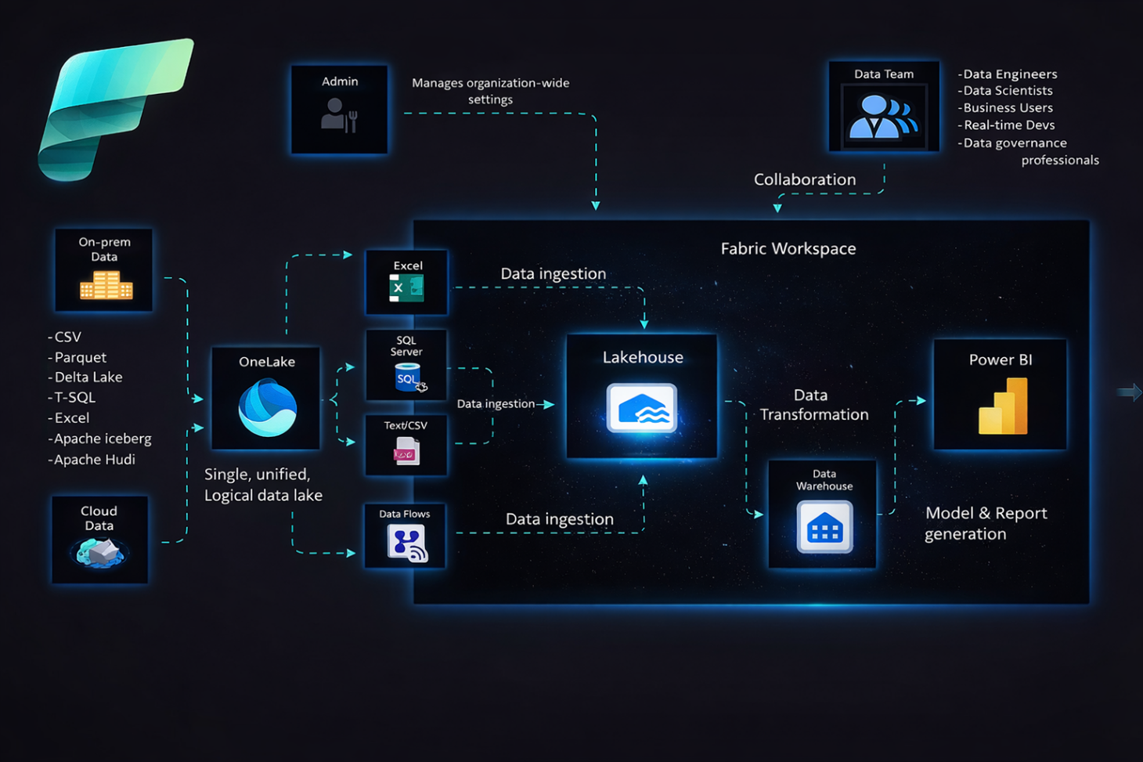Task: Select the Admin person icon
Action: click(339, 115)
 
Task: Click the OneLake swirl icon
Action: click(267, 407)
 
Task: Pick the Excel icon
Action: click(406, 288)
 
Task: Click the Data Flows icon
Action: click(406, 542)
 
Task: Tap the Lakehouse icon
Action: click(642, 408)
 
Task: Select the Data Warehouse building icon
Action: click(824, 528)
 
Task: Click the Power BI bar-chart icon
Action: click(1003, 406)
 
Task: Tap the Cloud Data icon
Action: click(99, 552)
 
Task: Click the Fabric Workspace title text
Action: click(788, 248)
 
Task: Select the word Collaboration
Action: click(804, 179)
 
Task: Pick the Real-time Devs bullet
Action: click(1008, 125)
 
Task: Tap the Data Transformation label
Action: click(813, 405)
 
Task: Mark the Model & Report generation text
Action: click(985, 523)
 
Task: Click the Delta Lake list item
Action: click(88, 377)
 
